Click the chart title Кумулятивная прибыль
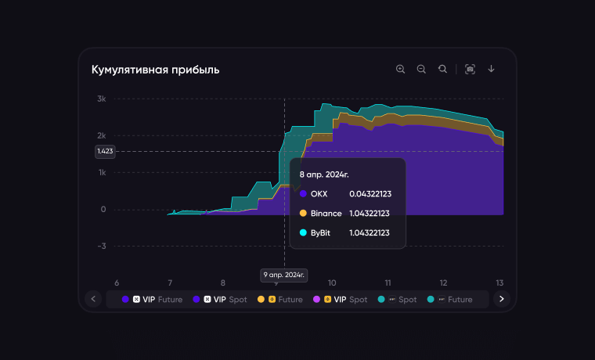coord(155,70)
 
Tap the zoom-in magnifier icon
coord(401,69)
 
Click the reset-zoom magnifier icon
coord(443,69)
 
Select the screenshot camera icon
coord(470,69)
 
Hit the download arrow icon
coord(492,69)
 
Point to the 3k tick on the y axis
coord(102,99)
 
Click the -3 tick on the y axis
coord(102,246)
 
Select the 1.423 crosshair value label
coord(104,151)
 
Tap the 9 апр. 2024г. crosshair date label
coord(283,275)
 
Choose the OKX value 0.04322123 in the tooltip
coord(370,193)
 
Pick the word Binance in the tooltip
coord(326,213)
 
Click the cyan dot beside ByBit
coord(303,232)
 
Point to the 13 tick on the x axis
coord(499,283)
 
